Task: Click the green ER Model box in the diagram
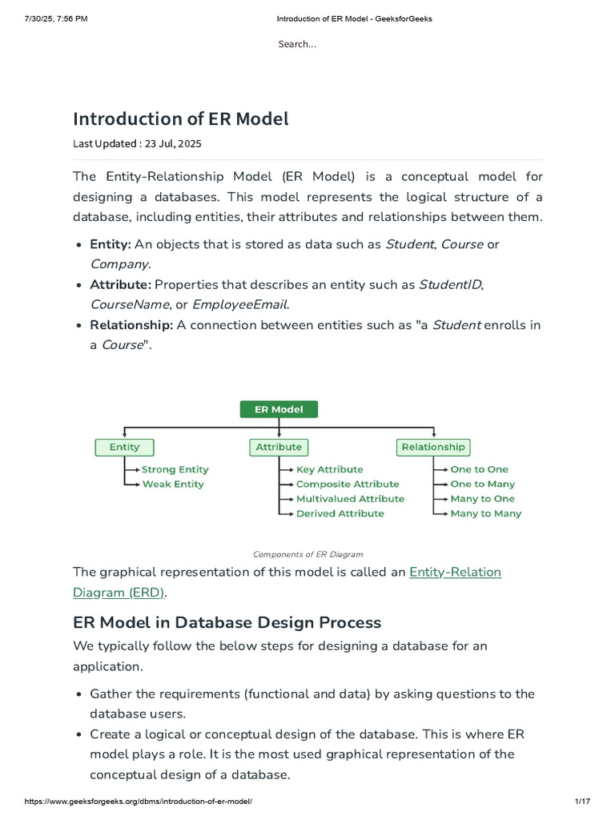point(279,409)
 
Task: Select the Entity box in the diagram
point(124,447)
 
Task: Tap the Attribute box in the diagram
point(279,447)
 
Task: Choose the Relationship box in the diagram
point(432,447)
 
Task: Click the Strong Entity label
point(175,469)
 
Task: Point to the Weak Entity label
point(173,484)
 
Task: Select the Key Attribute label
point(329,469)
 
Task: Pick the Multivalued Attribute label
point(350,498)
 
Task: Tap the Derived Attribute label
point(340,513)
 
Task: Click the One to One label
point(479,469)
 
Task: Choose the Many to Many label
point(485,513)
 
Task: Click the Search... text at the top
point(297,44)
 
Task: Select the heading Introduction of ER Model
point(180,119)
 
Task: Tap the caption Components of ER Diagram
point(307,553)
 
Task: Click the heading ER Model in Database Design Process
point(227,622)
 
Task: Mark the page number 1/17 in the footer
point(582,802)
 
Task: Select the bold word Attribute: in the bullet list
point(120,284)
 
